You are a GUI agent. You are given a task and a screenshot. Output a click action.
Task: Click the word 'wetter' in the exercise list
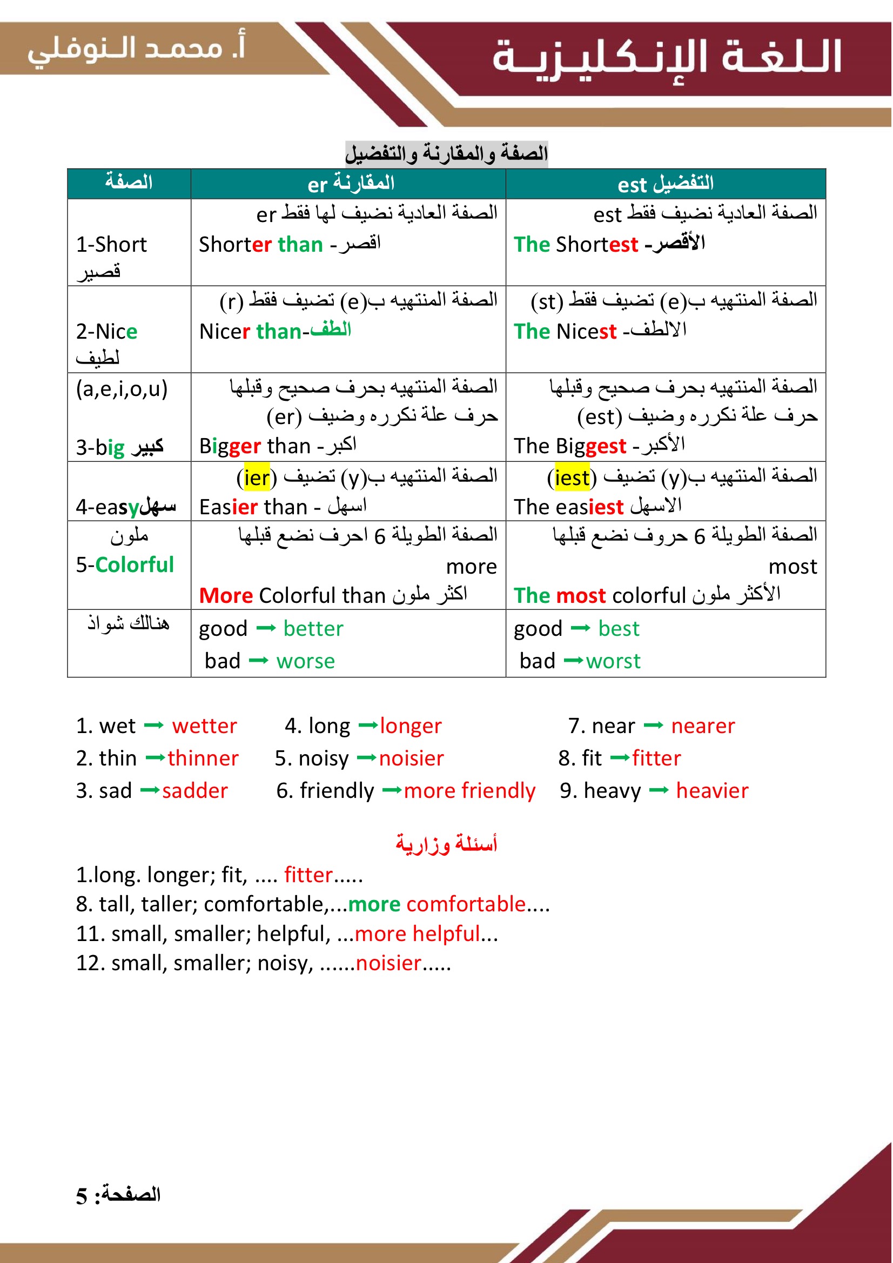pyautogui.click(x=204, y=727)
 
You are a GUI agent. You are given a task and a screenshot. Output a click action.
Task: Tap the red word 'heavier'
pyautogui.click(x=713, y=791)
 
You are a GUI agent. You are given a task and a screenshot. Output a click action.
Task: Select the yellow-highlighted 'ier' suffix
pyautogui.click(x=257, y=478)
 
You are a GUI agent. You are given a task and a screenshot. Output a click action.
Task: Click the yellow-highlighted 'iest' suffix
pyautogui.click(x=572, y=478)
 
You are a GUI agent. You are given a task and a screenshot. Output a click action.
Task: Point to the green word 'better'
pyautogui.click(x=313, y=629)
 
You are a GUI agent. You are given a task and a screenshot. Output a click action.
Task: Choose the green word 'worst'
pyautogui.click(x=614, y=662)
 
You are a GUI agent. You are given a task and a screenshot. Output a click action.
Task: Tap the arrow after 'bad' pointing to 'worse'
pyautogui.click(x=259, y=661)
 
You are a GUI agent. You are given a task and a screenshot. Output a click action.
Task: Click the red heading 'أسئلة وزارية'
pyautogui.click(x=446, y=844)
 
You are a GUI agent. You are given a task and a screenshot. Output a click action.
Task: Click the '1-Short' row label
pyautogui.click(x=112, y=245)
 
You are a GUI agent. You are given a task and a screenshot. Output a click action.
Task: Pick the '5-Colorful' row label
pyautogui.click(x=125, y=566)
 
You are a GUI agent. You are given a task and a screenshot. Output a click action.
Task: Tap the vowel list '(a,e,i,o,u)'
pyautogui.click(x=122, y=389)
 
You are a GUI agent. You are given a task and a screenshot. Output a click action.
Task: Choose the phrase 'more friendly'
pyautogui.click(x=469, y=791)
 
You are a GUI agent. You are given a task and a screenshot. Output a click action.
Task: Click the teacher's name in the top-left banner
pyautogui.click(x=136, y=50)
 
